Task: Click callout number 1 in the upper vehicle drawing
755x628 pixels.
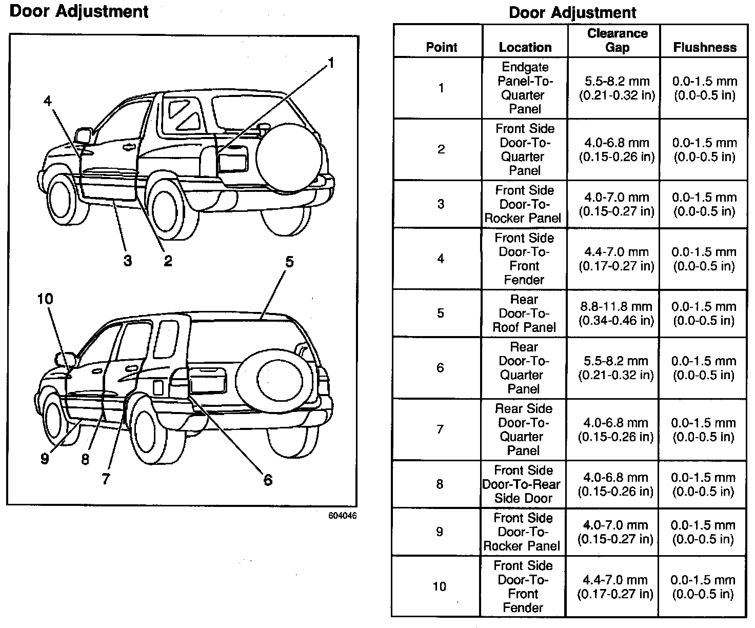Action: tap(331, 63)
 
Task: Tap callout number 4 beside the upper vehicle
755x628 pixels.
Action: tap(48, 101)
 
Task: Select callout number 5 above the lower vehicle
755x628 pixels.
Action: tap(289, 262)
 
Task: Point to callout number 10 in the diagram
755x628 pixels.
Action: tap(45, 299)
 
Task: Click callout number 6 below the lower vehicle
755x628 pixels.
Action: tap(268, 480)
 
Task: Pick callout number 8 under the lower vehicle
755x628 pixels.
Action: tap(85, 459)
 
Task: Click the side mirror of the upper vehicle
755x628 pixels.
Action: tap(84, 135)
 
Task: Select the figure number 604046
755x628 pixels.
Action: tap(343, 516)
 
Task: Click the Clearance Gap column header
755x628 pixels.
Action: tap(617, 41)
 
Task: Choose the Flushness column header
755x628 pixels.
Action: tap(705, 47)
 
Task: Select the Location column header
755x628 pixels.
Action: tap(525, 47)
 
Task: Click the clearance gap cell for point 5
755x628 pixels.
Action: tap(617, 313)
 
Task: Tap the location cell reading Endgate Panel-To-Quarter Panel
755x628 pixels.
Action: tap(525, 88)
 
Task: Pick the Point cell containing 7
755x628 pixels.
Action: tap(440, 429)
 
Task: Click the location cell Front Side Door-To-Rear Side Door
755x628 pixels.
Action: tap(523, 484)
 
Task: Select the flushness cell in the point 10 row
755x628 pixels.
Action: tap(703, 587)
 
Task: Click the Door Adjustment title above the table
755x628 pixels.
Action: tap(572, 12)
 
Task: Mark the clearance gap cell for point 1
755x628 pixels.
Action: tap(617, 88)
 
